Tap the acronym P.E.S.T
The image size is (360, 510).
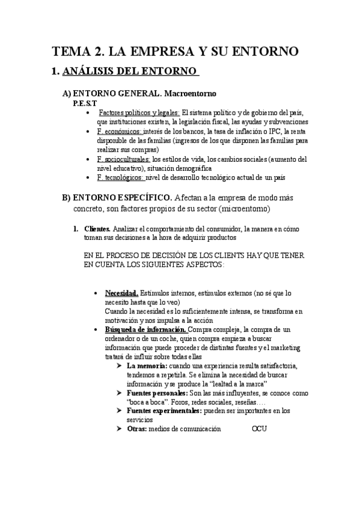click(x=85, y=103)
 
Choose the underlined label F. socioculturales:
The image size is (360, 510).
click(x=124, y=159)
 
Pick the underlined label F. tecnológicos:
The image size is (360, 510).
click(x=120, y=177)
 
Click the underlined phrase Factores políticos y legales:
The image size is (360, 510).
click(x=139, y=113)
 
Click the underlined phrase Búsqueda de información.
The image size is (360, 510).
click(x=146, y=330)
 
